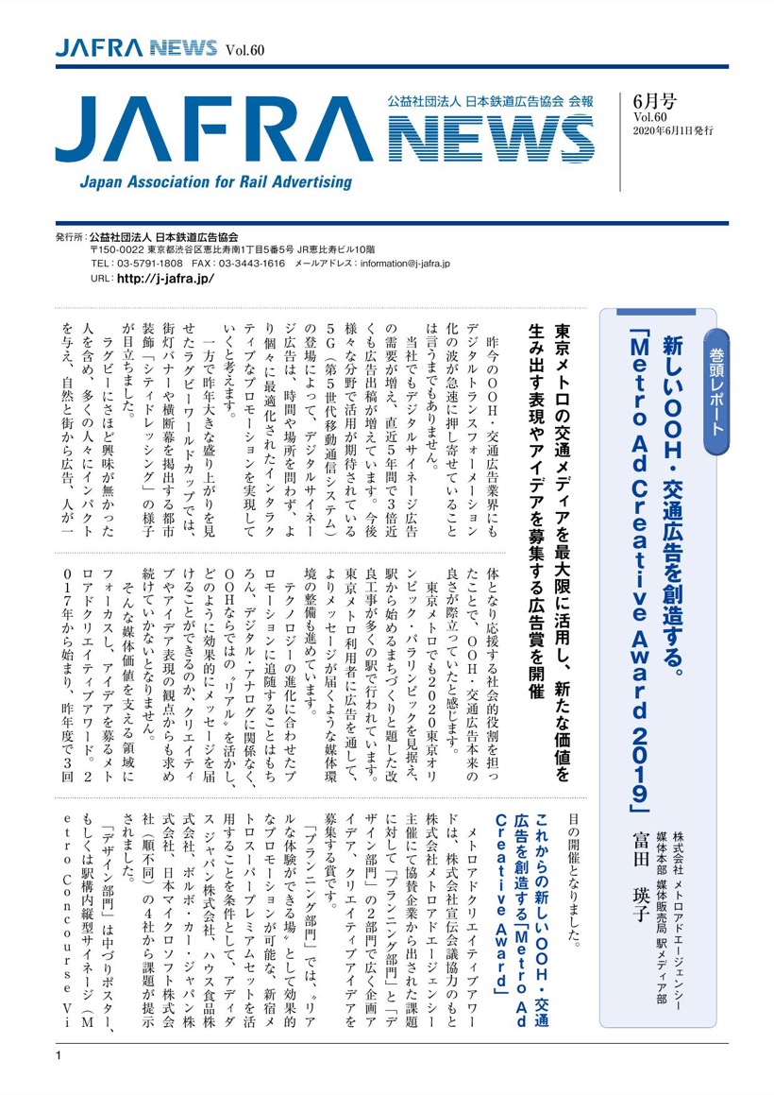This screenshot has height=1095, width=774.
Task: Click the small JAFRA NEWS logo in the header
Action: click(136, 49)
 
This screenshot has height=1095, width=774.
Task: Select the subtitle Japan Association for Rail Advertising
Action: click(215, 182)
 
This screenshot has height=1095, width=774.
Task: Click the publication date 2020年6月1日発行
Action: click(673, 129)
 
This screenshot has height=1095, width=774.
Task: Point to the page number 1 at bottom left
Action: click(58, 1054)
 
